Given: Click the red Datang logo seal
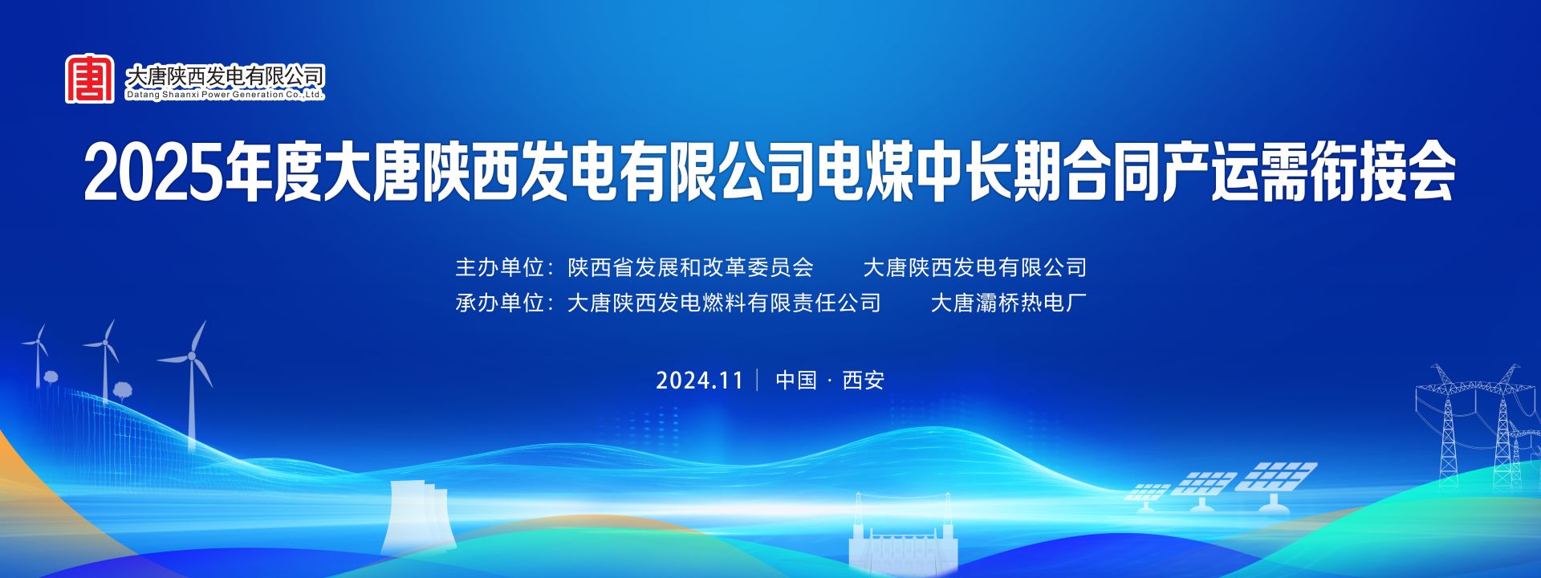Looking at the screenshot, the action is coord(90,78).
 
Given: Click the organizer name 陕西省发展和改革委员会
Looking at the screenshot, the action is coord(690,267).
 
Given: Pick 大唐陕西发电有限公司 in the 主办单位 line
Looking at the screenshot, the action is coord(975,267).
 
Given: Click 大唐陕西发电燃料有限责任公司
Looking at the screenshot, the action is coord(724,303).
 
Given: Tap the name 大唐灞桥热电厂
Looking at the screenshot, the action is coord(1009,303).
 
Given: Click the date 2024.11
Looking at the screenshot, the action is coord(700,380).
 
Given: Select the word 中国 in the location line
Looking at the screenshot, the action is coord(796,380).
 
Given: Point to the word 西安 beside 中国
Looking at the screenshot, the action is coord(864,380).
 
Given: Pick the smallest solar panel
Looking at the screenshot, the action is coord(1148,496).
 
